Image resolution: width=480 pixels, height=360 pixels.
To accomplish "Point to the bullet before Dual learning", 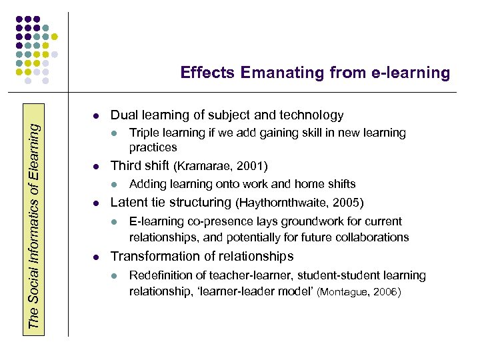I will pos(96,115).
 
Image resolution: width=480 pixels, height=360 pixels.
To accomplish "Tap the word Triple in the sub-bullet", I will pos(144,133).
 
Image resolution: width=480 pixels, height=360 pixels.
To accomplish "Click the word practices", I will pos(153,147).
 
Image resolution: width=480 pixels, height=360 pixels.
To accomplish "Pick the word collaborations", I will pos(372,237).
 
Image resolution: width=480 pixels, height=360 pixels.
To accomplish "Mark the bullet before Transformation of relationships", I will pos(96,257).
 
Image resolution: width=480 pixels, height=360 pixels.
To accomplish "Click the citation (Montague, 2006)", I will pos(359,292).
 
